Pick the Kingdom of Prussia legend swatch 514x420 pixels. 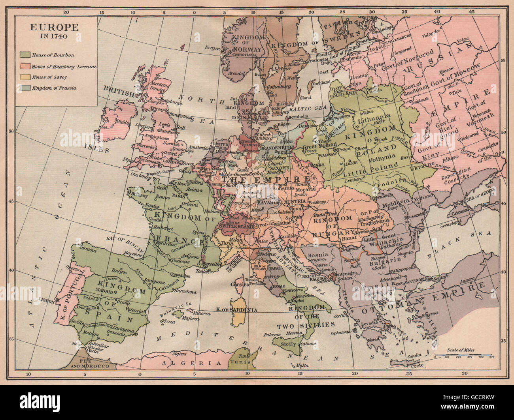tap(27, 88)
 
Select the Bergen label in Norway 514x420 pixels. tap(212, 47)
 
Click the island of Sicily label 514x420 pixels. tap(287, 345)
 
